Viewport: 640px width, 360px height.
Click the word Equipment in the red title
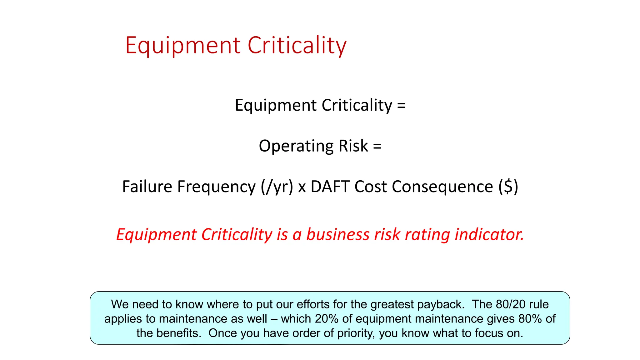point(183,46)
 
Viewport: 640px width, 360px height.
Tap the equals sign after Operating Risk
point(377,146)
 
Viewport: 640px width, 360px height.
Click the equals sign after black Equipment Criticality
point(401,105)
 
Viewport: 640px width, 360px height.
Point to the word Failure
point(147,187)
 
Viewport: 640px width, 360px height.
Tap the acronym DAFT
point(330,187)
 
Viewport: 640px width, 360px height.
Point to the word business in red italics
point(338,234)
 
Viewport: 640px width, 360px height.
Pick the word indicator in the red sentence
point(489,234)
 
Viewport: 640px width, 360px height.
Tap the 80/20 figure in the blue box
point(510,304)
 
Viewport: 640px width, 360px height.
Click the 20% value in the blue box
point(327,319)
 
